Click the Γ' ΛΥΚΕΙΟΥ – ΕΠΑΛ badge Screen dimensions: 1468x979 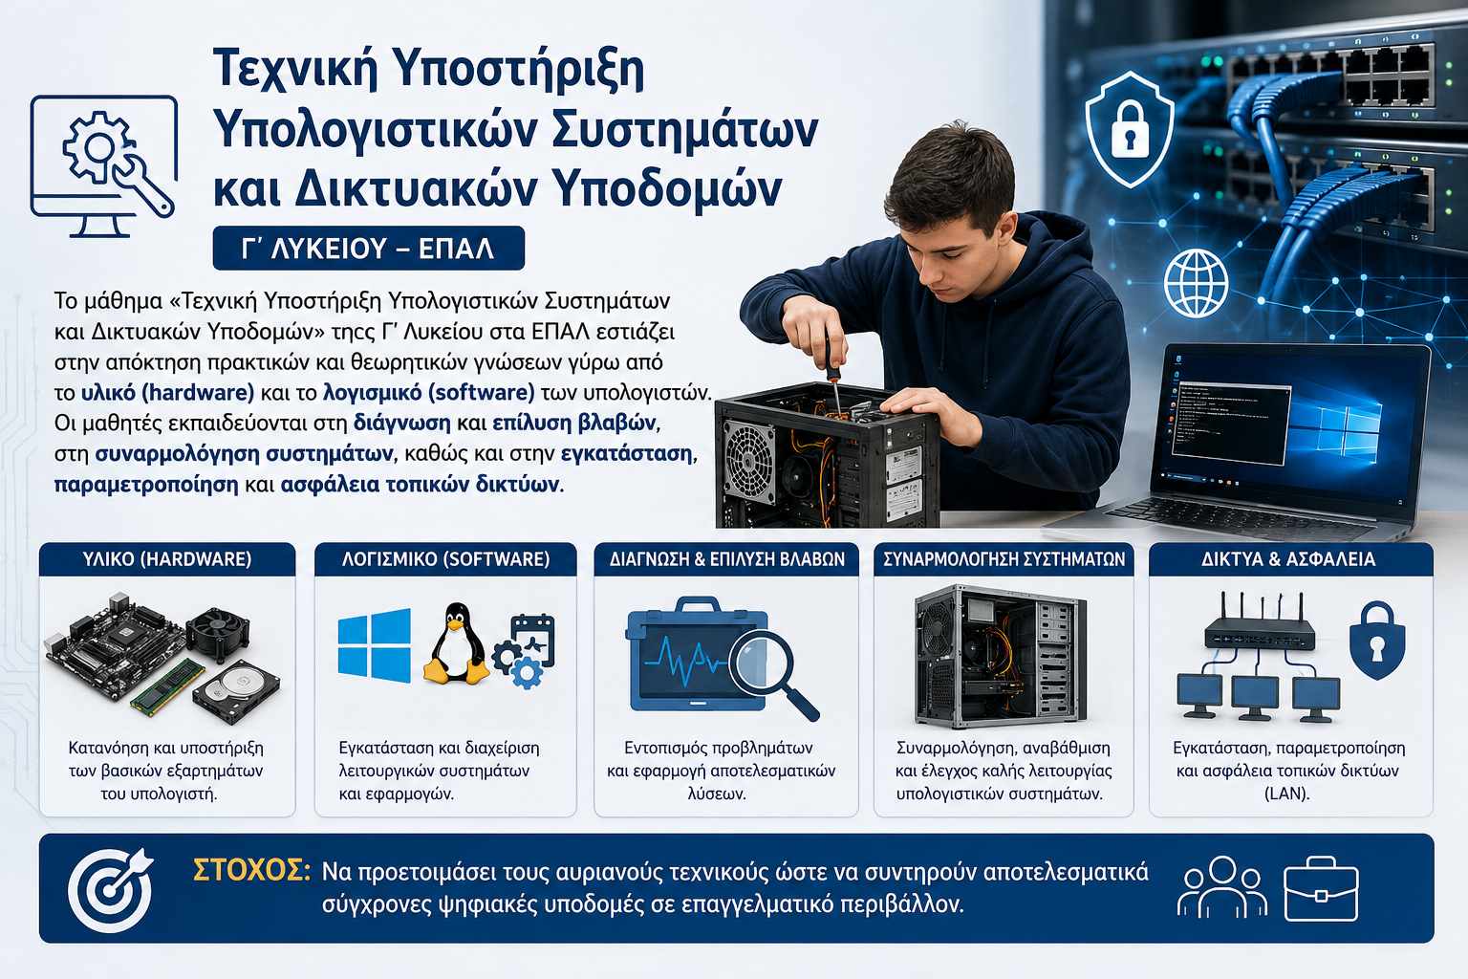point(368,248)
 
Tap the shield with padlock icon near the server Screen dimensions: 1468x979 point(1129,129)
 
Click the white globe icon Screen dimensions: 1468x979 point(1196,283)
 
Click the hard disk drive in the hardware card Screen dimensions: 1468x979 point(236,692)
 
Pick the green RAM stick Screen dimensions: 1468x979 point(167,686)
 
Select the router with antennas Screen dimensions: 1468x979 point(1259,623)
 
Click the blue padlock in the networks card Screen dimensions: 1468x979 point(1377,640)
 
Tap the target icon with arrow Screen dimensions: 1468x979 point(110,889)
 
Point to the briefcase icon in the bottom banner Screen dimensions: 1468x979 point(1321,889)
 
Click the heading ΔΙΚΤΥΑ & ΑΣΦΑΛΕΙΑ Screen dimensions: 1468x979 point(1288,559)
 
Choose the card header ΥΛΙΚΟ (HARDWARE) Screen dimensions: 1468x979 point(167,559)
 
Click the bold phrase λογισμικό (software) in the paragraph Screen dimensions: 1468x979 point(429,392)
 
